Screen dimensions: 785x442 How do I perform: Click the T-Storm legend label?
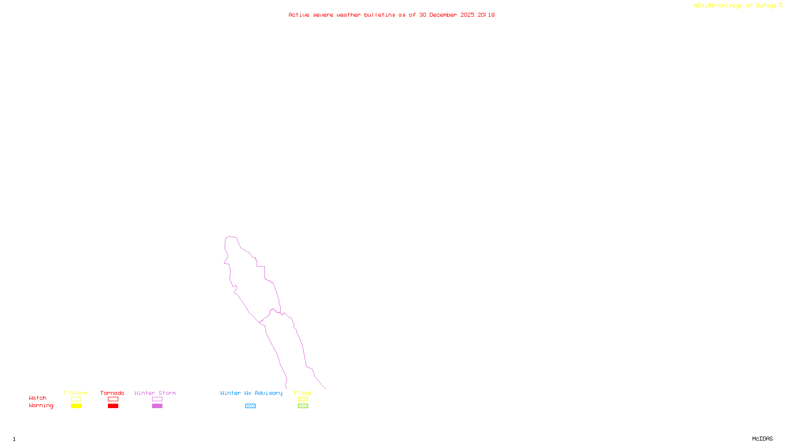pos(76,393)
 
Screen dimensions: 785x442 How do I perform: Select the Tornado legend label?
pos(112,393)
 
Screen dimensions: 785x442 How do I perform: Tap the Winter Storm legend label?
pos(155,393)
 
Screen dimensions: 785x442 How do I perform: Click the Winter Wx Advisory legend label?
pos(251,393)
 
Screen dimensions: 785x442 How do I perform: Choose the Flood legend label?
pos(303,393)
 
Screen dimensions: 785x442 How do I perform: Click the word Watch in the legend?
pos(38,398)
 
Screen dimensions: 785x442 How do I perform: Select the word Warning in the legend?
pos(41,406)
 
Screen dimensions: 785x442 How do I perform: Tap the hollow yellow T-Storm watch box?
pos(76,399)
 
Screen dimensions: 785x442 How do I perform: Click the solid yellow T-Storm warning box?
pos(76,406)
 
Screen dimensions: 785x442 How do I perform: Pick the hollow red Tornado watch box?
pos(113,399)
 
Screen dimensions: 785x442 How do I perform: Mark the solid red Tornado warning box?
pos(113,406)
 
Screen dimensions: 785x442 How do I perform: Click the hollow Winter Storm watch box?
pos(157,399)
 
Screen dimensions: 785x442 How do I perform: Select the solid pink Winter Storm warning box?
pos(157,406)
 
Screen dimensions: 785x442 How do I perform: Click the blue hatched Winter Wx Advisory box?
pos(250,406)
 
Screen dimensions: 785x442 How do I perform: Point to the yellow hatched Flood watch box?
pos(303,399)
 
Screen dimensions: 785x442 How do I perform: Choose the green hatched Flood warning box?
pos(303,406)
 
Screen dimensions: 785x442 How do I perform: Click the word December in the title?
pos(443,15)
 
